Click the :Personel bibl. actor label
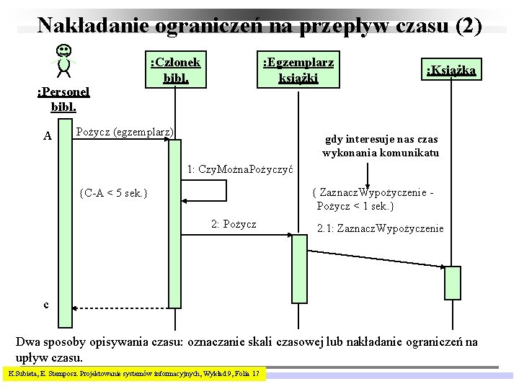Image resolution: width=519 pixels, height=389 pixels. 63,99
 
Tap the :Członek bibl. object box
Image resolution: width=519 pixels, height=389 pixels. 175,69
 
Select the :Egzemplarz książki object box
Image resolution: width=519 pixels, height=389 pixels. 298,69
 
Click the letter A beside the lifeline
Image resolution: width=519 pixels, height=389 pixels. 47,135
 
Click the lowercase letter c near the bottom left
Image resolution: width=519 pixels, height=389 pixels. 46,305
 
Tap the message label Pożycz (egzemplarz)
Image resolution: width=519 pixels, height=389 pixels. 125,132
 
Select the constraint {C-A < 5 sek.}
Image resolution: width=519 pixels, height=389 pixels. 114,193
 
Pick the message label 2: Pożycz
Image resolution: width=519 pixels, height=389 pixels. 234,224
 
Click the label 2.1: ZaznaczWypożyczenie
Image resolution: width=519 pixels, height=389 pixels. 381,228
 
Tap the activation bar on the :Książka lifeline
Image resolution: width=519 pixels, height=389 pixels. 452,282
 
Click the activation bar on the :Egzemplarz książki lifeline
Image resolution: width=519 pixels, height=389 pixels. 298,269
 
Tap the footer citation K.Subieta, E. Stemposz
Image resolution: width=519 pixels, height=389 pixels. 136,374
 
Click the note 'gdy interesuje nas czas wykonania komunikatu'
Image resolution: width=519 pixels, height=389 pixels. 380,146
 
